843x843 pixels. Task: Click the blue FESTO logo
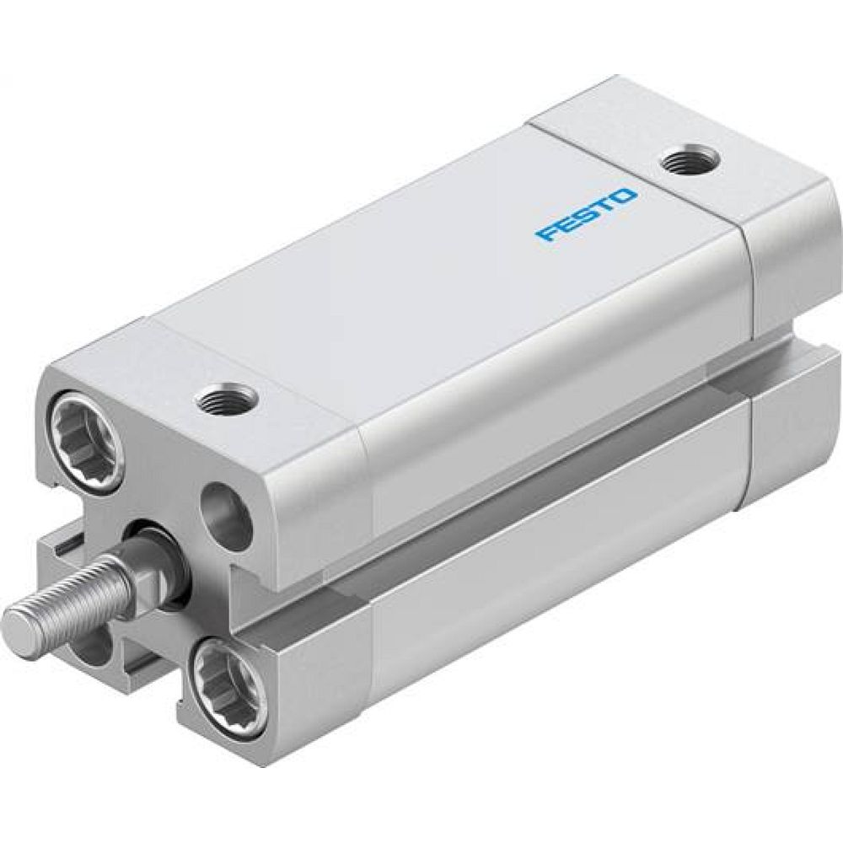tap(586, 215)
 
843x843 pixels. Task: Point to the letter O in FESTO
tap(625, 199)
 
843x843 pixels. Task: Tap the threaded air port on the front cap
tap(228, 397)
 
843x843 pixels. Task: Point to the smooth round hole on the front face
tap(228, 515)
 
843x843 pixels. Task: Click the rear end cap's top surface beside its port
tap(742, 181)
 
